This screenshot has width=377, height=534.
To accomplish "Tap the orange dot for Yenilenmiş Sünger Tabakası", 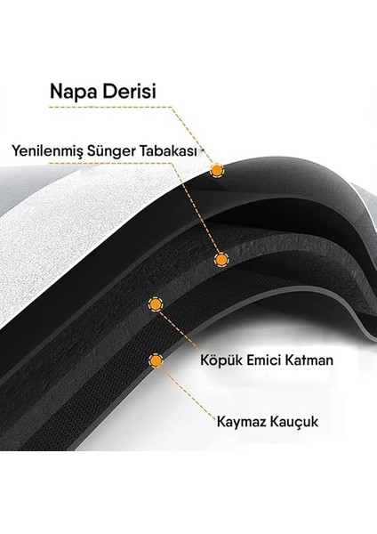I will click(x=222, y=259).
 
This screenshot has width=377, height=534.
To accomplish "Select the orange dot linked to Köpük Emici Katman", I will click(x=155, y=304).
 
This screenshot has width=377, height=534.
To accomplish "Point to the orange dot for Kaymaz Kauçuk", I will click(x=156, y=361).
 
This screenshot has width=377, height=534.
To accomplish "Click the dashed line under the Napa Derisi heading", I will click(x=107, y=108).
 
